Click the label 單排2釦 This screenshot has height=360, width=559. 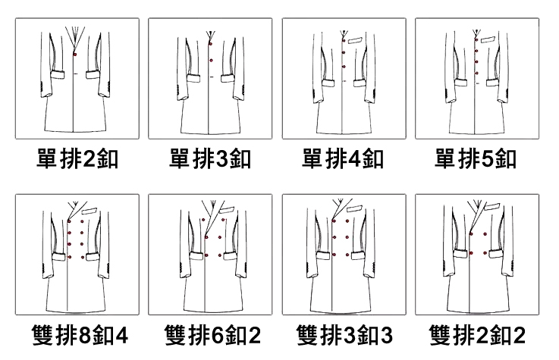pos(77,160)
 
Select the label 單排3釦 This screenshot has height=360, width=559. pos(210,160)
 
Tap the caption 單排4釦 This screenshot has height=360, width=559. pos(343,160)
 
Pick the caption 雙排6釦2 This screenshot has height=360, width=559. pos(210,334)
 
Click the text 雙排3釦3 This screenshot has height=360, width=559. pos(343,334)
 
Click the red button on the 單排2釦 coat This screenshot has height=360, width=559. pos(75,55)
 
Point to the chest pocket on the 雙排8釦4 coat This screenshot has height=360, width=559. pos(90,211)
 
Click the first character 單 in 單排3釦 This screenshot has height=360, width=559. pos(181,160)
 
